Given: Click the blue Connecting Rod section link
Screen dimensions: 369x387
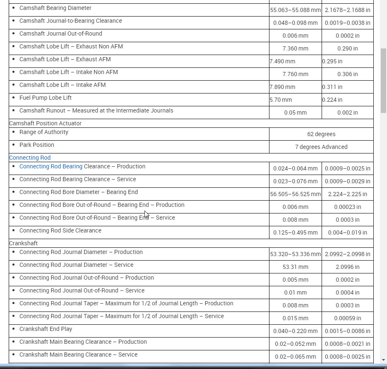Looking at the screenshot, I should [x=30, y=158].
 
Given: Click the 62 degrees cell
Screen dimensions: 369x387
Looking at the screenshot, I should [x=321, y=134].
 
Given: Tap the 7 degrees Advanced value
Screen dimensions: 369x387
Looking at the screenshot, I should [x=321, y=147].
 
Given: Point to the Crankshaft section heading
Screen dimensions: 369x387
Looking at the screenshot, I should [x=23, y=243].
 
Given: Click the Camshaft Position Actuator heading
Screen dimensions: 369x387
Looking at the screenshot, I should [x=45, y=123].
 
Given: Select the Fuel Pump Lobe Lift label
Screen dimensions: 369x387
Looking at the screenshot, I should [x=46, y=98].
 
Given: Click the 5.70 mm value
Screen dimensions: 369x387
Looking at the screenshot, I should [x=281, y=100].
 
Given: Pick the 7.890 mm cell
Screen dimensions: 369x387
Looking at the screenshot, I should [x=282, y=87].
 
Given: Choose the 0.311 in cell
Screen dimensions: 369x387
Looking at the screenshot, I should [x=332, y=87].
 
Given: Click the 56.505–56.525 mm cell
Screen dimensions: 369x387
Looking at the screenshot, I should [x=295, y=194].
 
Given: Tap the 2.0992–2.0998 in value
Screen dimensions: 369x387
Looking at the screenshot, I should [x=347, y=254].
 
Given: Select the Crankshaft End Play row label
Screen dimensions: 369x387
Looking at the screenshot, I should [x=46, y=329].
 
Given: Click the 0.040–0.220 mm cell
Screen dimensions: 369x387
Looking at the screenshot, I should [x=295, y=331].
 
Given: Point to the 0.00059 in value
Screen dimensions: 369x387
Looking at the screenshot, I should [x=347, y=318].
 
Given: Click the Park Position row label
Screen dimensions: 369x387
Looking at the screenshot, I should [x=36, y=145].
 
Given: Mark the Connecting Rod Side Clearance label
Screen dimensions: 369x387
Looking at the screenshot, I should [x=60, y=230].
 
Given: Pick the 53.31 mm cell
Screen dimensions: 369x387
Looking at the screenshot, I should [x=295, y=267].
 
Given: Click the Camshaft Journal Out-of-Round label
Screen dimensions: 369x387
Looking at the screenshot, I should [x=60, y=34].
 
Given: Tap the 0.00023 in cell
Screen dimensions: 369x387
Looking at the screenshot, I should [x=347, y=207].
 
